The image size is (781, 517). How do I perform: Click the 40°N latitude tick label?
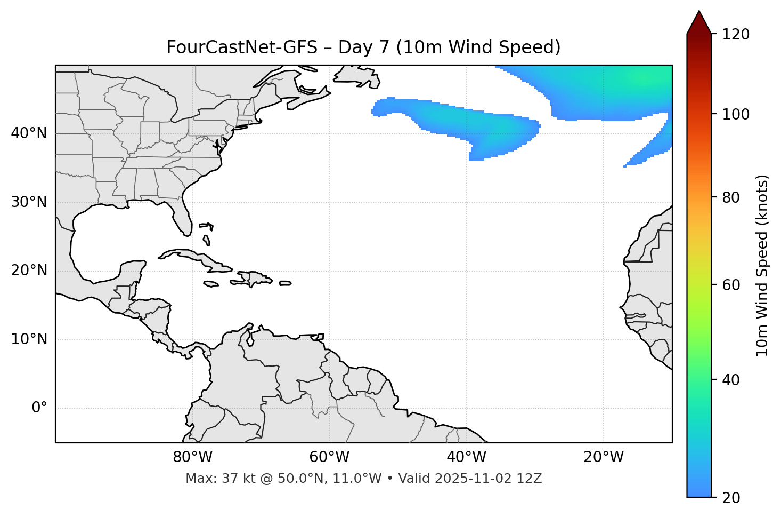29,133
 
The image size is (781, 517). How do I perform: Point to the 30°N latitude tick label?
29,202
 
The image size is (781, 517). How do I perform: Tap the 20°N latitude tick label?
29,271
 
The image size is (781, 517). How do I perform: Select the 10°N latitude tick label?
29,339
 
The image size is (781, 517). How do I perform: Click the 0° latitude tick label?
39,408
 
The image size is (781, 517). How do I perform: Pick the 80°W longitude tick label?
192,457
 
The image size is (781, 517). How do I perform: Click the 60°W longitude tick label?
329,457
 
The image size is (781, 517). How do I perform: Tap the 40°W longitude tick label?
466,457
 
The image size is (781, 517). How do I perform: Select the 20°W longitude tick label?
604,457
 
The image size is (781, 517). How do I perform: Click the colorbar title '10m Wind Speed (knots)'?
762,265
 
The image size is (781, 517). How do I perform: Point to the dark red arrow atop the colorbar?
699,22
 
